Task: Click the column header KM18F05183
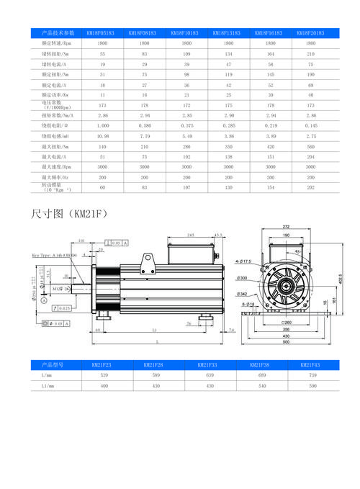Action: [x=102, y=33]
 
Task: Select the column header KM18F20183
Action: [x=310, y=33]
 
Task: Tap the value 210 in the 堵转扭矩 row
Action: [x=310, y=54]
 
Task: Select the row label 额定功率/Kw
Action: [x=55, y=94]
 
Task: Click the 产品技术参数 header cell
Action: [x=58, y=33]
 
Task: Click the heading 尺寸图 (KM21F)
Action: [x=69, y=214]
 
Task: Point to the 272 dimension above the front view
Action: [x=287, y=228]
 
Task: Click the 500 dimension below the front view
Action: [x=286, y=342]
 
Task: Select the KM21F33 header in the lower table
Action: [x=207, y=365]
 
